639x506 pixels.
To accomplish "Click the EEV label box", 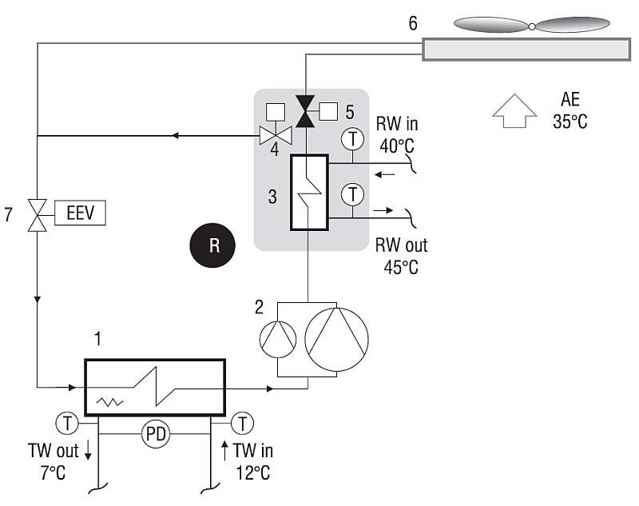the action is tap(81, 213).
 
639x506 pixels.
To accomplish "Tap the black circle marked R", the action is tap(212, 245).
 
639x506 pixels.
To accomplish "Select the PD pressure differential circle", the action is tap(155, 434).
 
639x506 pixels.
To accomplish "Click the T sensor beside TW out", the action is tap(67, 423).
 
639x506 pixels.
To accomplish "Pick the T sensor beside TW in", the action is tap(243, 423).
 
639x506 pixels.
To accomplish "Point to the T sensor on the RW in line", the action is tap(352, 138).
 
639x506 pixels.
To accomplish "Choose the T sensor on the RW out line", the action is tap(352, 194).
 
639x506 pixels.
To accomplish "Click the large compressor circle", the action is tap(336, 339).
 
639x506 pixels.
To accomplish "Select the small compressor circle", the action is tap(278, 339).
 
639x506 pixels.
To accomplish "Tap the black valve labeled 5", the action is tap(305, 111).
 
